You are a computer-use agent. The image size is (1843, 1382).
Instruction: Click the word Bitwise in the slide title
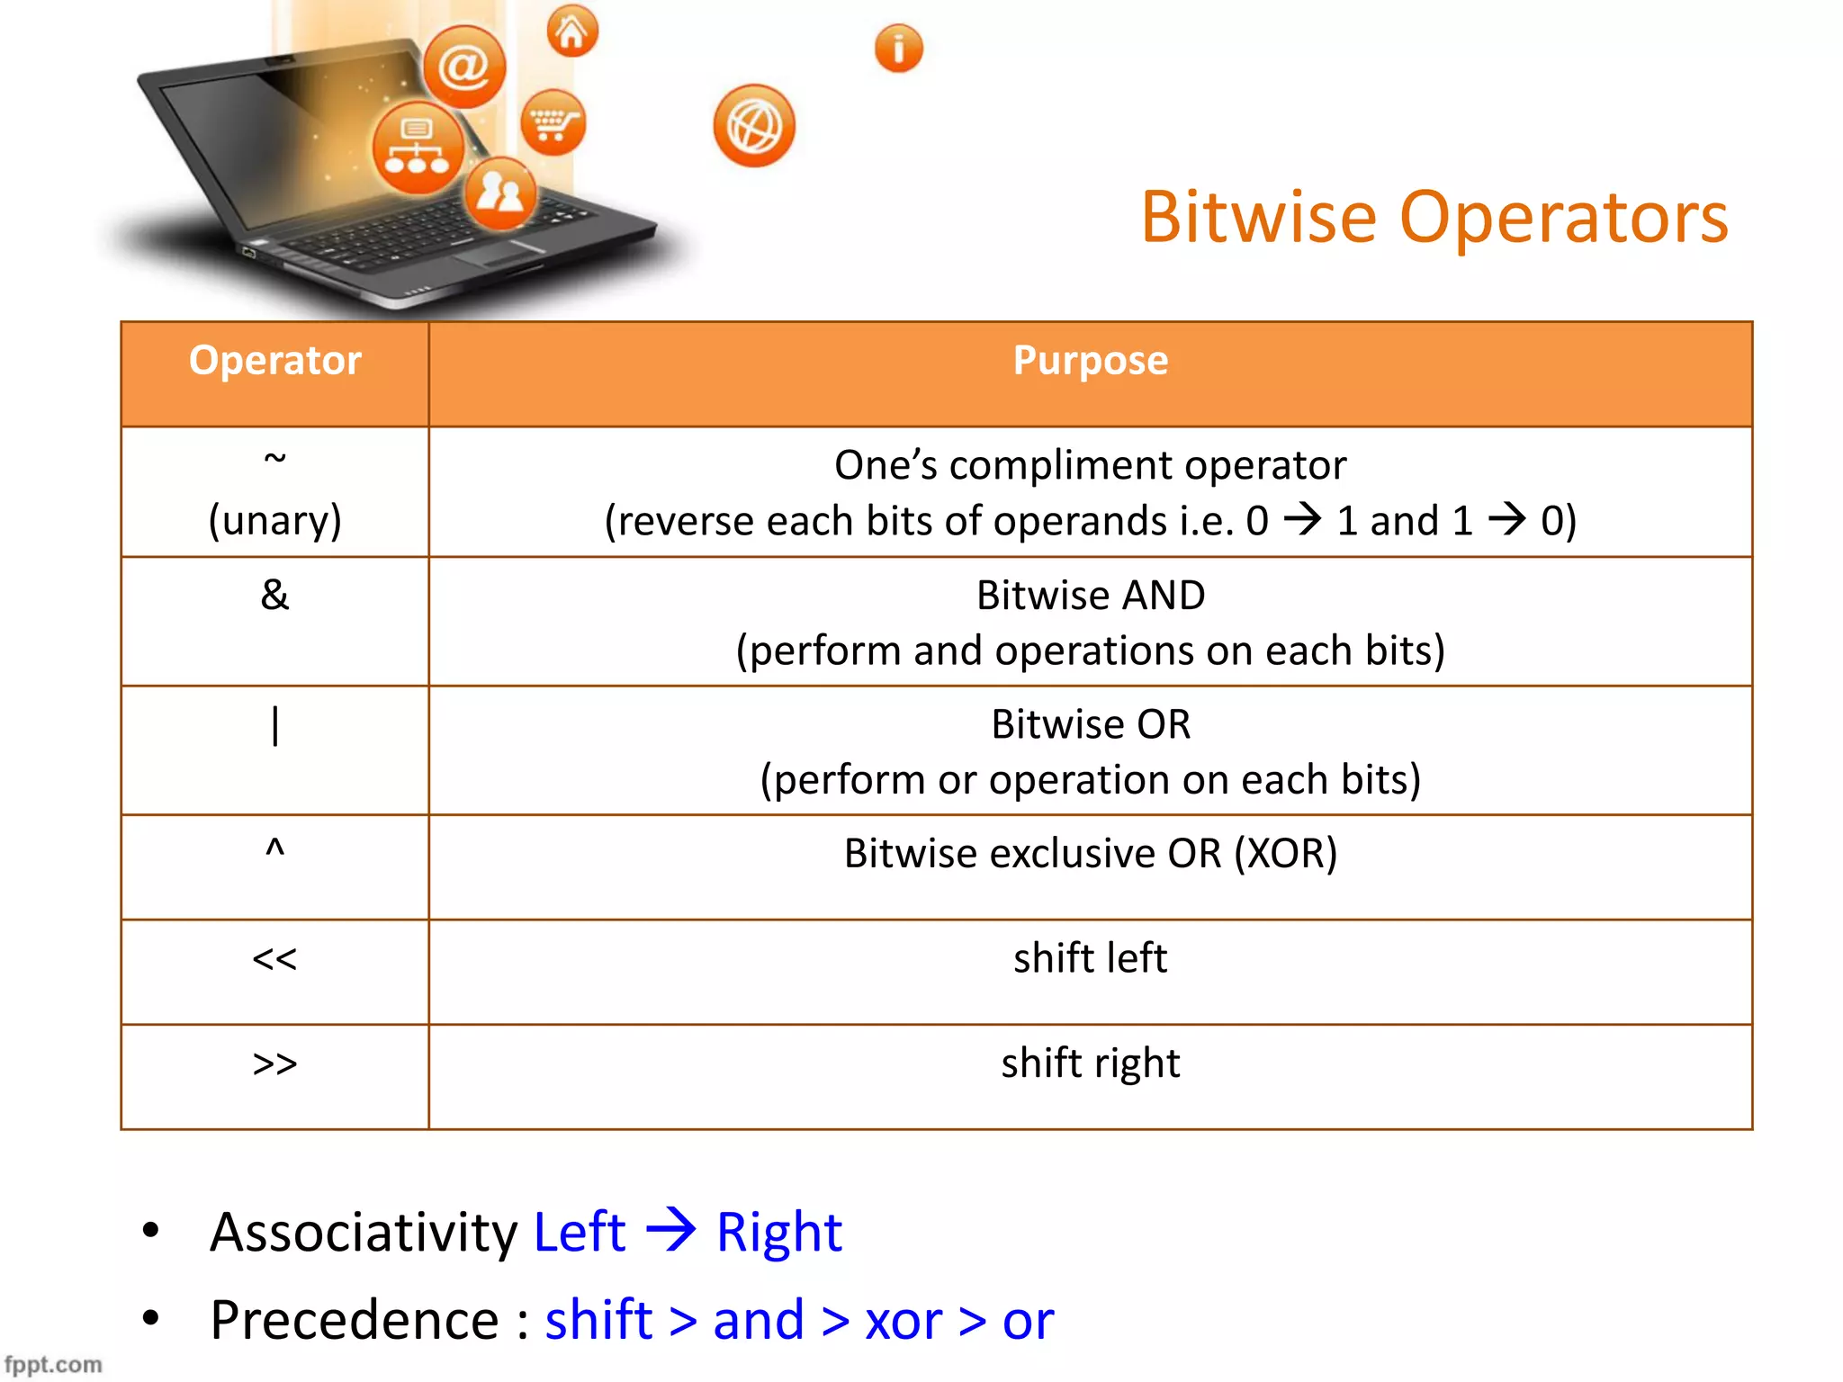coord(1258,218)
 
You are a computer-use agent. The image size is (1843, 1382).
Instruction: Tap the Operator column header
coord(274,361)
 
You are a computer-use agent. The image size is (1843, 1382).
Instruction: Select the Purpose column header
coord(1090,361)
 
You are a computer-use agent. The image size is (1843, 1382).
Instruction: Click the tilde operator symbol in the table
coord(274,459)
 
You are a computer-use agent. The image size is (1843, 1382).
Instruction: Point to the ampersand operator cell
coord(274,596)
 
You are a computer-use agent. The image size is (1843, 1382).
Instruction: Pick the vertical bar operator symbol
coord(274,725)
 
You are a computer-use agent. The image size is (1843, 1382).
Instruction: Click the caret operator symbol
coord(274,848)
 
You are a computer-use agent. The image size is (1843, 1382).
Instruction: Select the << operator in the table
coord(274,959)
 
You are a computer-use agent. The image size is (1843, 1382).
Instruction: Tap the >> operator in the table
coord(274,1063)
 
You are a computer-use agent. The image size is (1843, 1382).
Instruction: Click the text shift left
coord(1090,958)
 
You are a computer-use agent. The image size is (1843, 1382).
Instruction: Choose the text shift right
coord(1090,1063)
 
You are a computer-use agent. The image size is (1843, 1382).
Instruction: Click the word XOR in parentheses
coord(1285,854)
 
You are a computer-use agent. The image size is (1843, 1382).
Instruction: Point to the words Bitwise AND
coord(1090,596)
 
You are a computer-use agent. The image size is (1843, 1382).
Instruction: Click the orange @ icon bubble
coord(464,67)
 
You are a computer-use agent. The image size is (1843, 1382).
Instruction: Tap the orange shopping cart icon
coord(553,122)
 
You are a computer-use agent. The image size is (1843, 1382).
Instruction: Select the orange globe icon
coord(754,126)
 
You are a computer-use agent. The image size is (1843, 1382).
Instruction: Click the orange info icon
coord(898,49)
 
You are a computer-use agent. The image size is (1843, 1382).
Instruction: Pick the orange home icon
coord(571,31)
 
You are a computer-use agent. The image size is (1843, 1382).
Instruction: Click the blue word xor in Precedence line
coord(903,1321)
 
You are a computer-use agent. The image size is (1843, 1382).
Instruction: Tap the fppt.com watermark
coord(53,1364)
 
